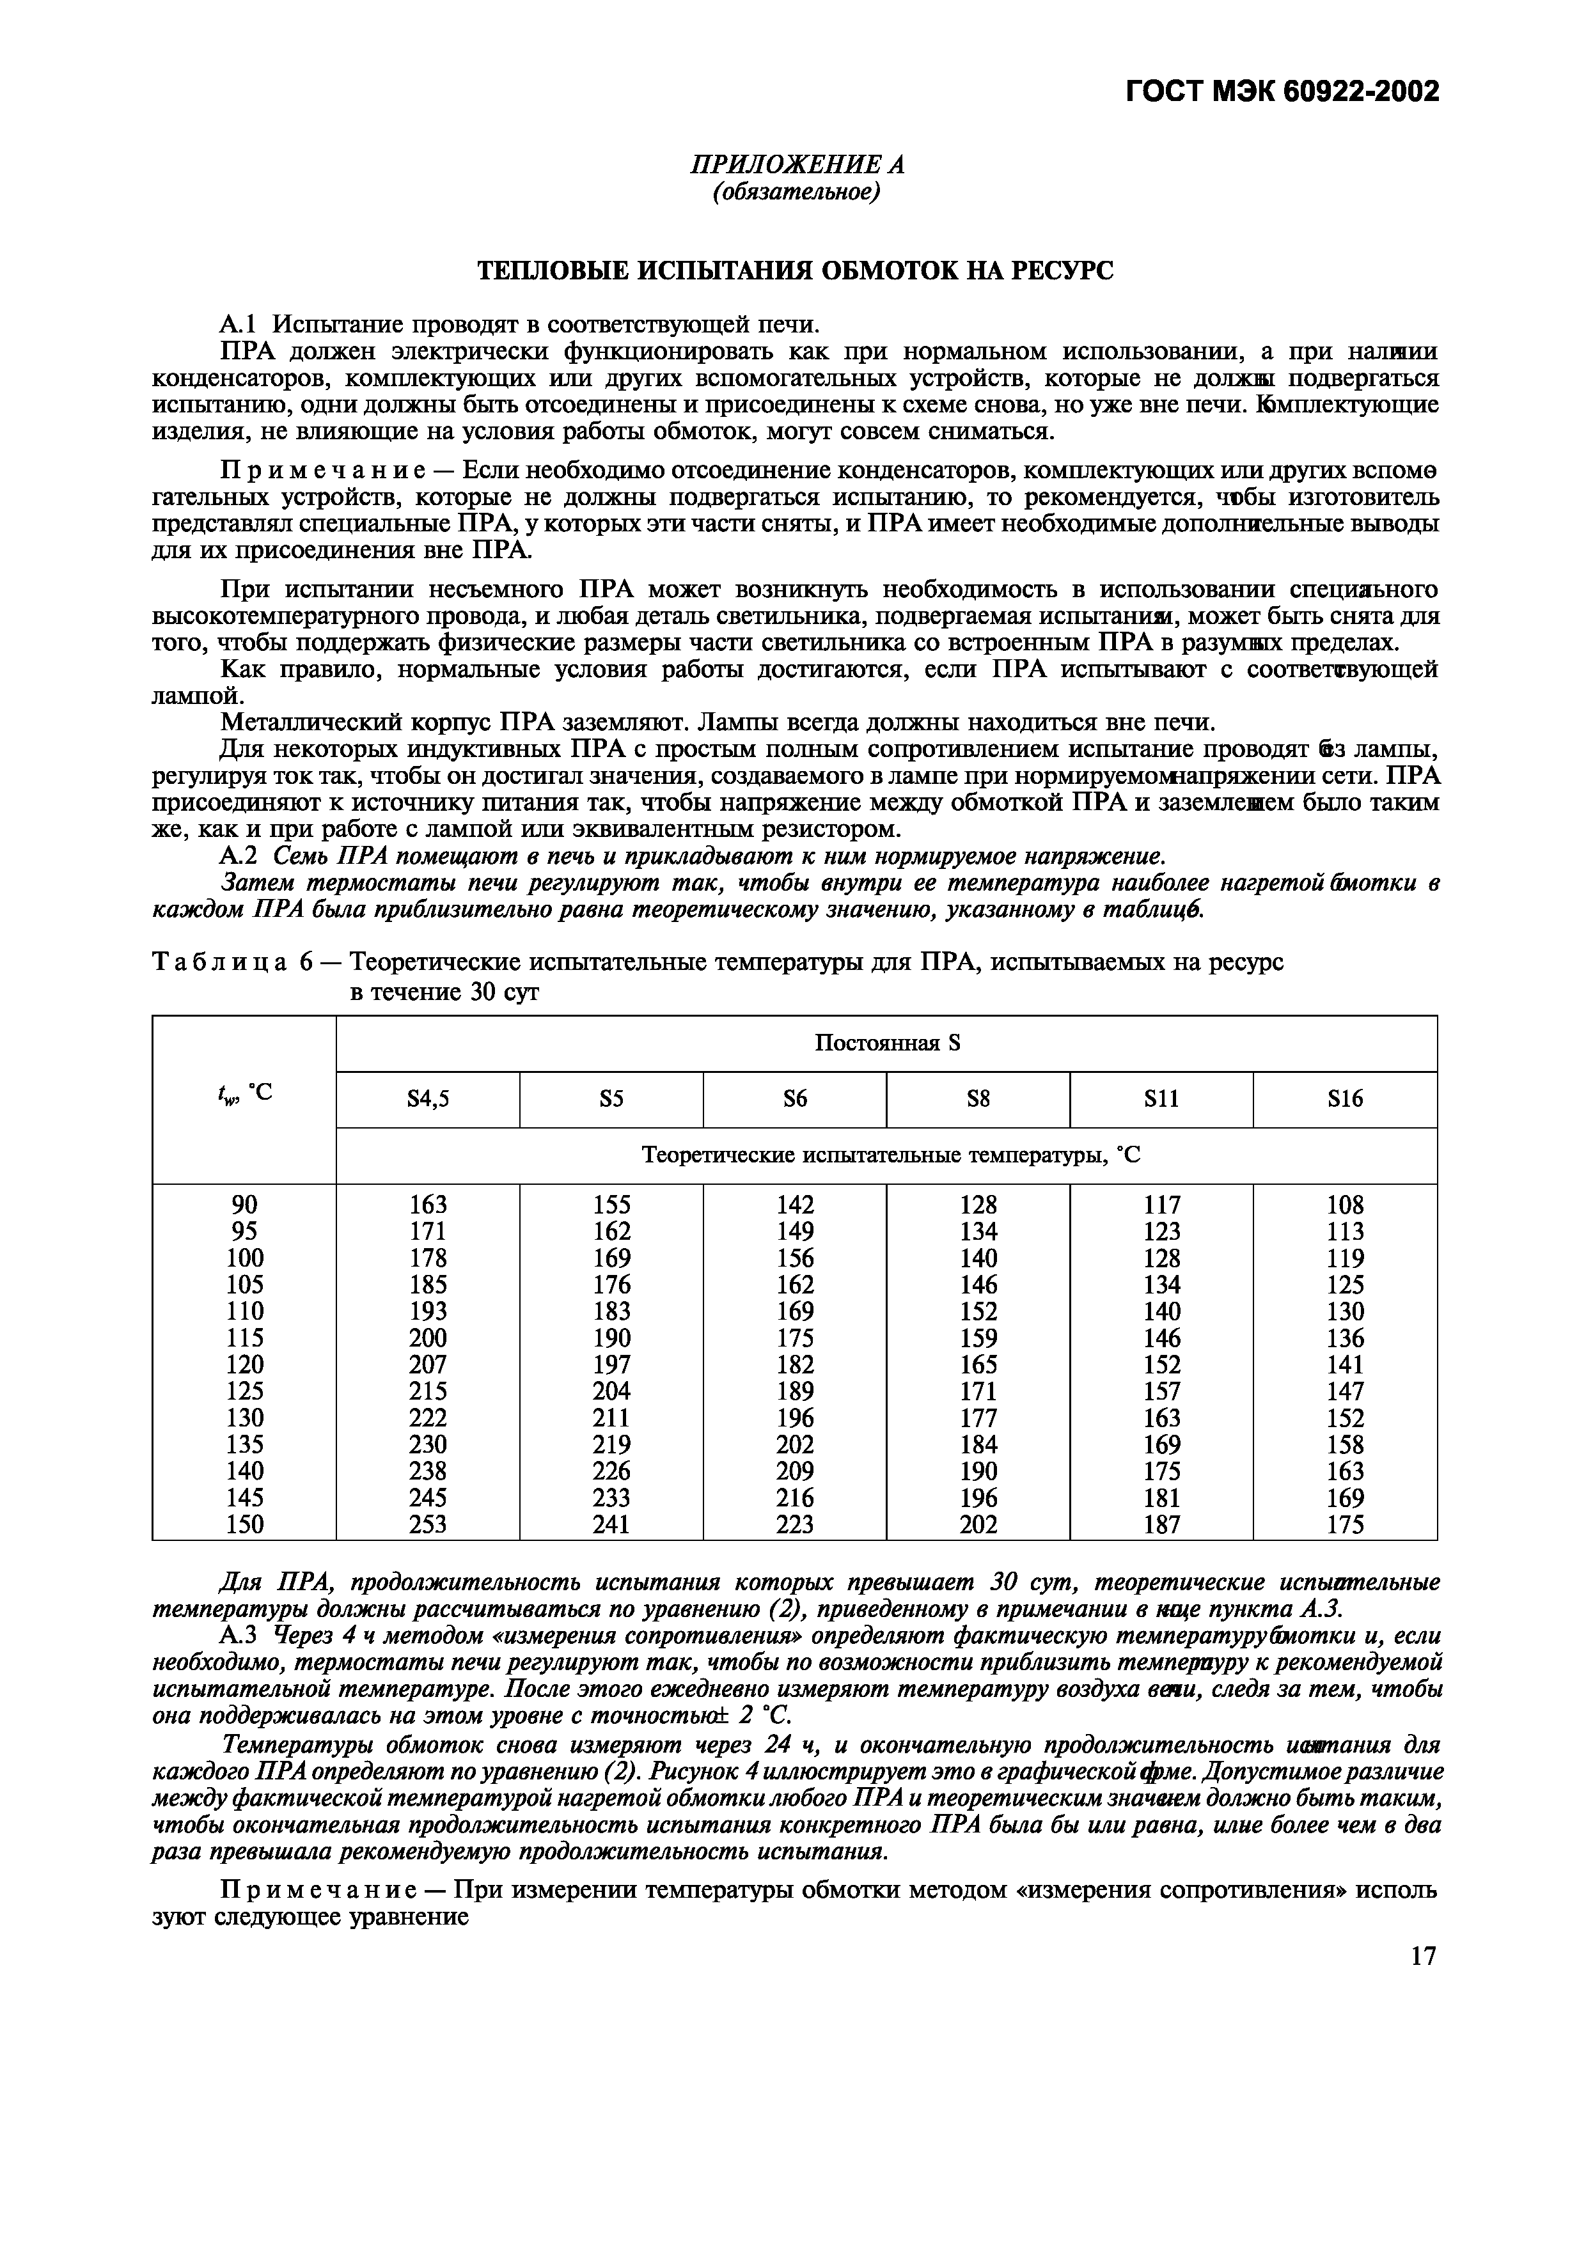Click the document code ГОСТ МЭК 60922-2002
[x=1282, y=92]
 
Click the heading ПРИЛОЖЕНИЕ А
[x=796, y=165]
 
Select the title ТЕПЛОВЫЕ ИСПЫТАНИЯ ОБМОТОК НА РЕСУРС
[x=794, y=270]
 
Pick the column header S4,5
[x=427, y=1100]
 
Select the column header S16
[x=1345, y=1100]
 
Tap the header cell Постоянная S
[x=886, y=1043]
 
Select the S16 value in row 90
[x=1345, y=1205]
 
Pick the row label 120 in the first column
[x=244, y=1364]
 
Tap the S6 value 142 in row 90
[x=794, y=1205]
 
